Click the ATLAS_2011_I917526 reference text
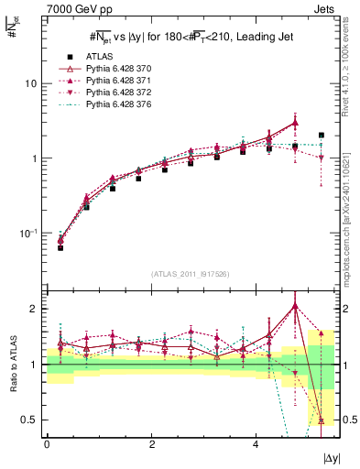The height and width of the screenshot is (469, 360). click(191, 273)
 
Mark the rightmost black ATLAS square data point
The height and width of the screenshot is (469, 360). click(321, 135)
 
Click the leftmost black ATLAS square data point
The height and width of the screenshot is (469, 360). click(60, 247)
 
